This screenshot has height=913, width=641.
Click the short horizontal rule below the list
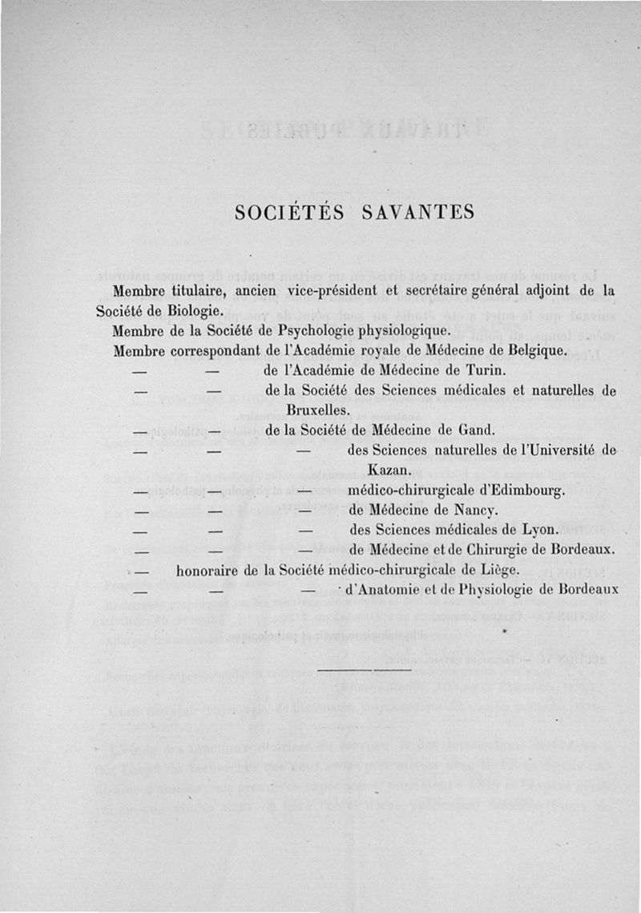(365, 668)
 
